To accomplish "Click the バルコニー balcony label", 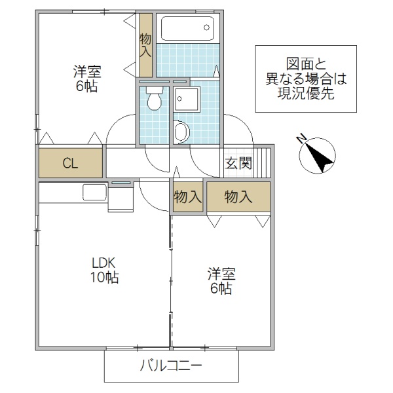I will (x=171, y=367).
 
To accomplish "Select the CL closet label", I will (x=70, y=164).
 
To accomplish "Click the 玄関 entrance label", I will (x=238, y=164).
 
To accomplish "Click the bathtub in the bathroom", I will (x=187, y=28).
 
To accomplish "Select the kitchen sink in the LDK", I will (x=95, y=193).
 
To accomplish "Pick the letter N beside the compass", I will (x=301, y=139).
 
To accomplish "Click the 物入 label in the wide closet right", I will (x=238, y=197).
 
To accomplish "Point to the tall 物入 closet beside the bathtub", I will (x=145, y=45).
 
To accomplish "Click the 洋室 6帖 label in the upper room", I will (x=86, y=79).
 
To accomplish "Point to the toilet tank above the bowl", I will (x=155, y=91).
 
